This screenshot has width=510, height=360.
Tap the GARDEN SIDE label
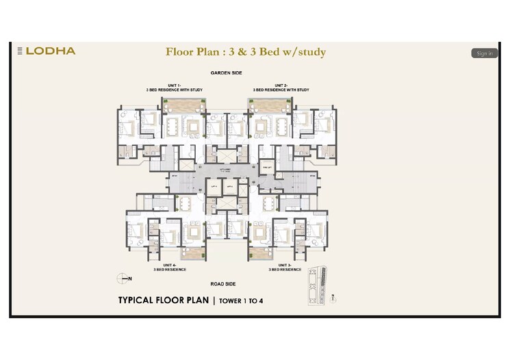(226, 73)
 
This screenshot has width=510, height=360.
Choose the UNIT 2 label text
(281, 87)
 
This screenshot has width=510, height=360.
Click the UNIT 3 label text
(285, 267)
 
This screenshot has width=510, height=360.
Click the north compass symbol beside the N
(123, 277)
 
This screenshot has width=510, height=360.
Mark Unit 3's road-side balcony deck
(260, 254)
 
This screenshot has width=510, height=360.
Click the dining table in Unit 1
(171, 127)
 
